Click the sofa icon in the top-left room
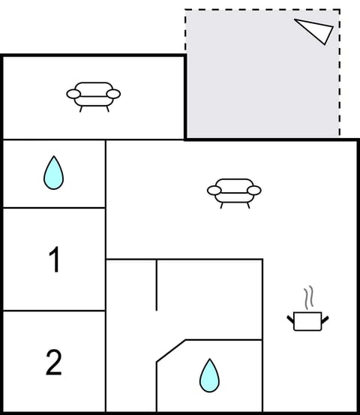pyautogui.click(x=94, y=95)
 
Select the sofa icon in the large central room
pyautogui.click(x=234, y=191)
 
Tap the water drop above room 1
pyautogui.click(x=53, y=173)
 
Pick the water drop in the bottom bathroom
pyautogui.click(x=209, y=375)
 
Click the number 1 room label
pyautogui.click(x=54, y=260)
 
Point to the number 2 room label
pyautogui.click(x=54, y=362)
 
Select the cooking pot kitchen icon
pyautogui.click(x=307, y=320)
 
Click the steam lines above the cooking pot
pyautogui.click(x=307, y=298)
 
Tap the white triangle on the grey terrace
pyautogui.click(x=315, y=30)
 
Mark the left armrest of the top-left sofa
pyautogui.click(x=73, y=95)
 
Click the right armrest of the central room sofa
pyautogui.click(x=254, y=191)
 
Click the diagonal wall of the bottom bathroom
pyautogui.click(x=170, y=351)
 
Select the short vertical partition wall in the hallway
pyautogui.click(x=157, y=285)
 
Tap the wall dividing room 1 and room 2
pyautogui.click(x=54, y=311)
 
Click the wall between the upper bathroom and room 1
pyautogui.click(x=54, y=208)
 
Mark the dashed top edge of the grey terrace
pyautogui.click(x=262, y=10)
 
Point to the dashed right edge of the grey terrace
pyautogui.click(x=340, y=75)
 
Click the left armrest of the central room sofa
pyautogui.click(x=214, y=191)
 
